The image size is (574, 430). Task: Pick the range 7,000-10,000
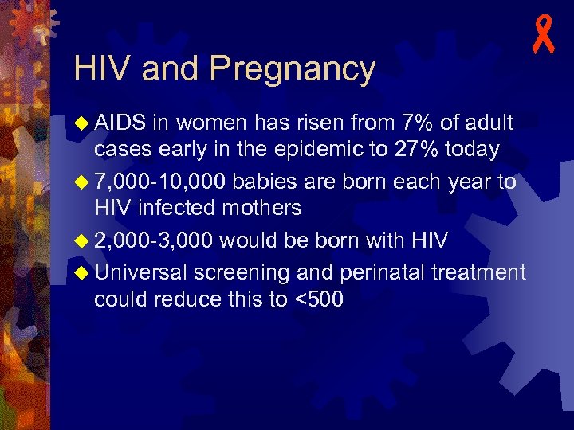click(159, 182)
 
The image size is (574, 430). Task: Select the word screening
click(243, 272)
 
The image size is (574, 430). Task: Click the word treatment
click(478, 272)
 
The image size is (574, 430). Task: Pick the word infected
click(174, 209)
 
